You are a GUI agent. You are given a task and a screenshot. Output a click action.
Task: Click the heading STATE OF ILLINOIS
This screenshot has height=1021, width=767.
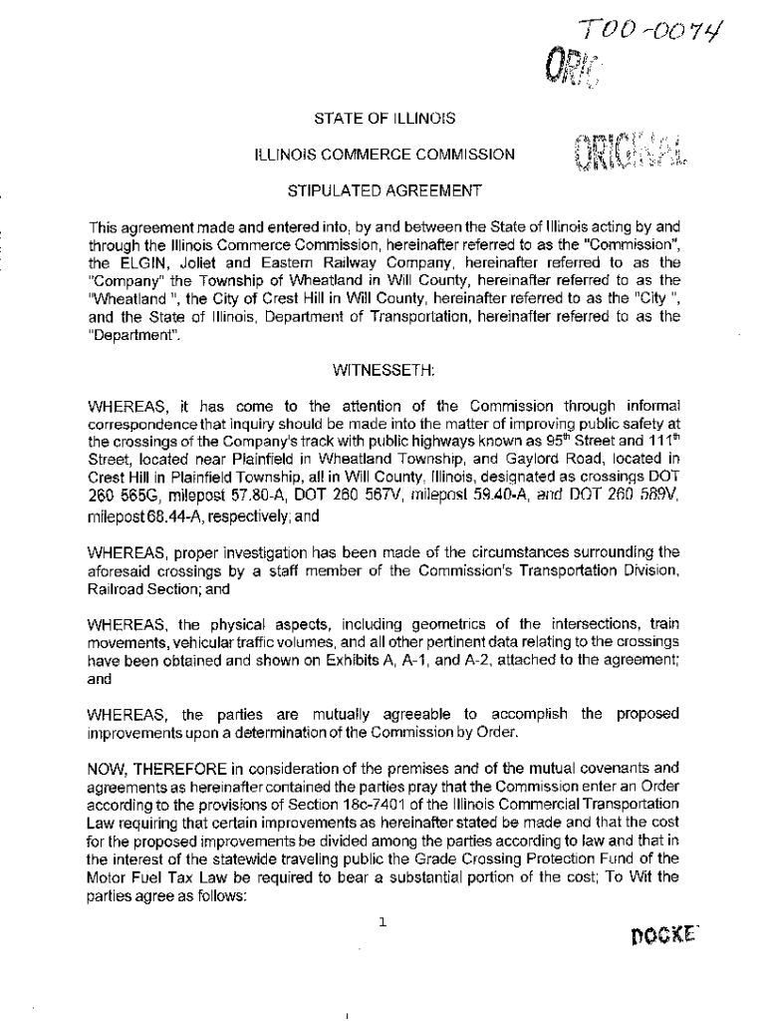point(384,119)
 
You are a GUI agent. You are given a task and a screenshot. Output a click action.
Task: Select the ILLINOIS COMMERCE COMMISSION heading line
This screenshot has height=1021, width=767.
point(384,155)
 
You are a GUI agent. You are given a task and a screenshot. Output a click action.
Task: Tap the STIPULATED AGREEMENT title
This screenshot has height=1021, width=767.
point(383,189)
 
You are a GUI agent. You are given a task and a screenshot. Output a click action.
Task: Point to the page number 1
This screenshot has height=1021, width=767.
point(383,922)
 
